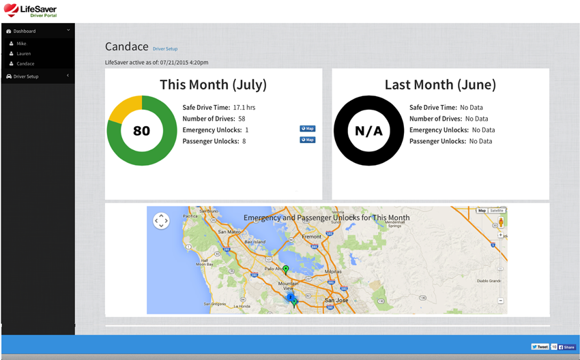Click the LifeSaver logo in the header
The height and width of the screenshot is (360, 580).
coord(30,10)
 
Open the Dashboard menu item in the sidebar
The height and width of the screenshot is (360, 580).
coord(25,31)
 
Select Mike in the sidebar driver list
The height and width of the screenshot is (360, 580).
coord(22,44)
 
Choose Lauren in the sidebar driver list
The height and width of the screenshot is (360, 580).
coord(24,53)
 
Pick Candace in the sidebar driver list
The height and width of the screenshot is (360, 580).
coord(25,63)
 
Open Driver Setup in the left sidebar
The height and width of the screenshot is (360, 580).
coord(26,76)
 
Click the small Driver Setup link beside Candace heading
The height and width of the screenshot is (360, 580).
coord(165,49)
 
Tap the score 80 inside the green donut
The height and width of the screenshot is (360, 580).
coord(141,130)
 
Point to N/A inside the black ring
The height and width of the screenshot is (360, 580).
coord(368,130)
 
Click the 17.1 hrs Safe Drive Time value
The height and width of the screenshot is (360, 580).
coord(244,108)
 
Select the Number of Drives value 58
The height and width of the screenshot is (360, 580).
coord(242,119)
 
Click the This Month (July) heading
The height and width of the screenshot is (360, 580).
coord(213,85)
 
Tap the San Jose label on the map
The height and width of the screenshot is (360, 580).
coord(336,301)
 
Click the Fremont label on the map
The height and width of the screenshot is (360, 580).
coord(311,237)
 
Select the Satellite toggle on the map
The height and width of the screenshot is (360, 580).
coord(497,211)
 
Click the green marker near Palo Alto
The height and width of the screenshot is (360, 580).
coord(286,270)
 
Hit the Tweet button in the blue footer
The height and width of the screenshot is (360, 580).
coord(540,347)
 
